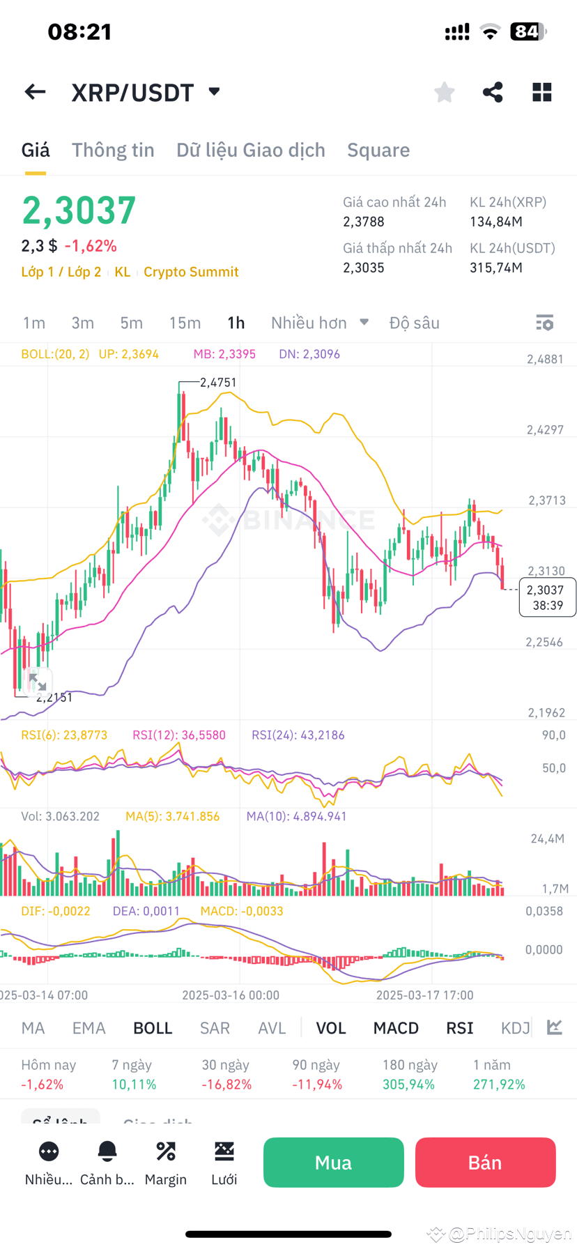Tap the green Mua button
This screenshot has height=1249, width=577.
point(333,1162)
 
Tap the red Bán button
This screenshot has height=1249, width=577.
point(485,1162)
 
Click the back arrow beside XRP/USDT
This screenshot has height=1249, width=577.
point(35,92)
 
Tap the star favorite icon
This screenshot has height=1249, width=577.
point(444,92)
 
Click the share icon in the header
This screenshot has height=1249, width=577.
point(493,92)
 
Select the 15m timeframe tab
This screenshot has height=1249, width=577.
point(185,323)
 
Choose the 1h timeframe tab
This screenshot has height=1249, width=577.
point(236,323)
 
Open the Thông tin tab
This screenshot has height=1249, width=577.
point(113,150)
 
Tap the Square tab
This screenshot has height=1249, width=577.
point(378,150)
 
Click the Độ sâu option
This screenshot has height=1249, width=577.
point(415,323)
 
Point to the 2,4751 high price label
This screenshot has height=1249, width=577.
point(218,382)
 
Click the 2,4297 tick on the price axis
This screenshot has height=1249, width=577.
point(545,430)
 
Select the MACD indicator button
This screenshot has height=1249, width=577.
point(396,1028)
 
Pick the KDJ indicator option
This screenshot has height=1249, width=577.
point(516,1028)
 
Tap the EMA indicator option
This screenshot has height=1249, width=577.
point(89,1028)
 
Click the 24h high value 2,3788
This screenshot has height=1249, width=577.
point(364,222)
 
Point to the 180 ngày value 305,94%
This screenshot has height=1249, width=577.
point(408,1085)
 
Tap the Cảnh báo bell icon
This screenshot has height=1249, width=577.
point(107,1151)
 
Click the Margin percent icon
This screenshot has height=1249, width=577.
point(166,1151)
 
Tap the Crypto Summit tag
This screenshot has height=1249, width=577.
point(191,272)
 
